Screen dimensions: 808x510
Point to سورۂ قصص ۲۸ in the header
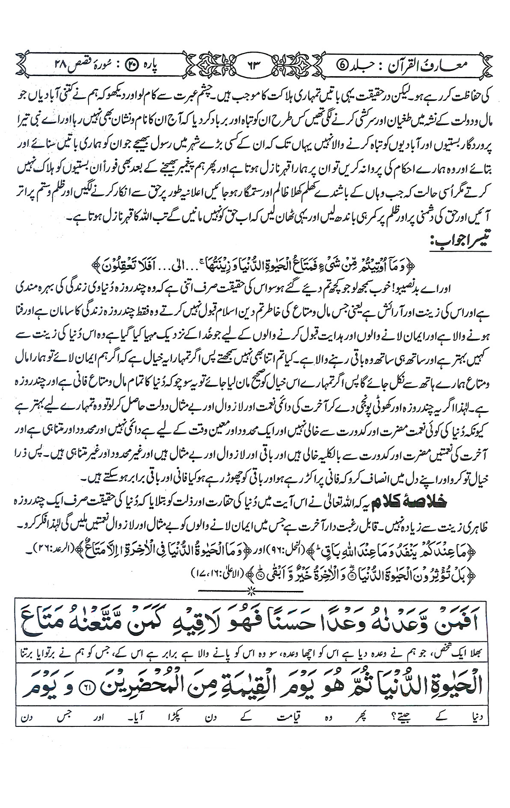click(75, 65)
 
